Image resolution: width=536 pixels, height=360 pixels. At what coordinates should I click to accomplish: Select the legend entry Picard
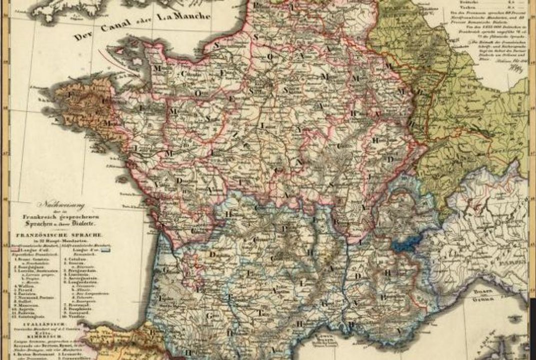[24, 289]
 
